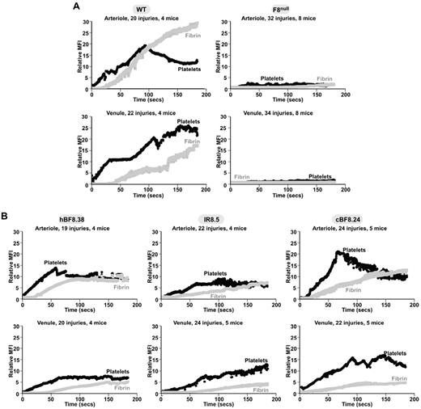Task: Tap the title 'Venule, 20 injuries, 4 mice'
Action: tap(77, 322)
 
